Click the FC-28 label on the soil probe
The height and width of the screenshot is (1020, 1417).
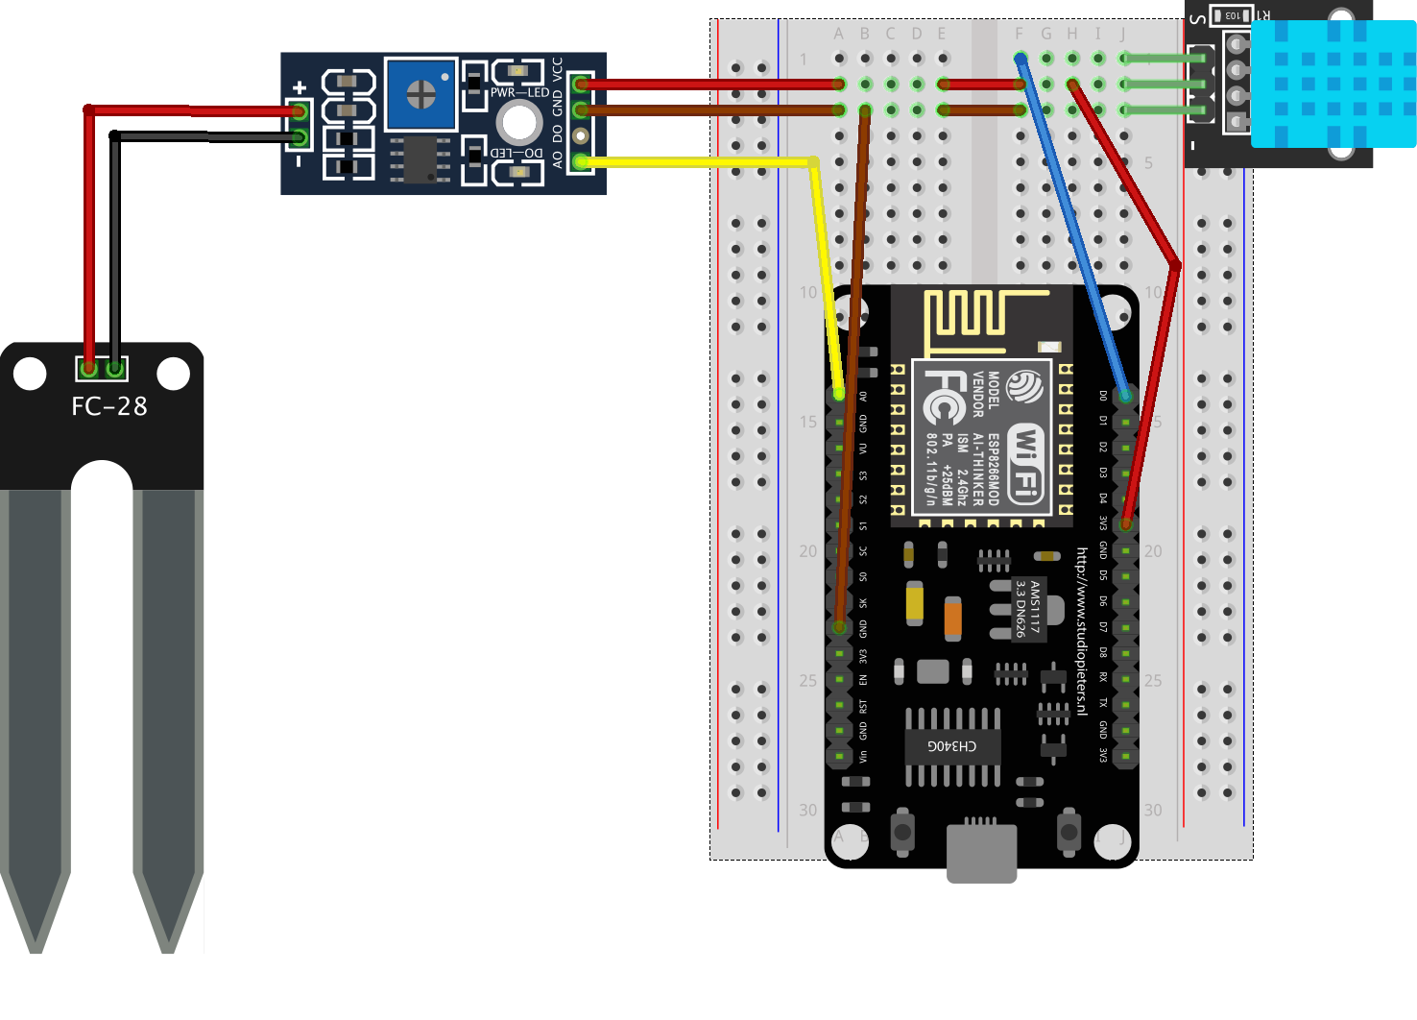[x=109, y=406]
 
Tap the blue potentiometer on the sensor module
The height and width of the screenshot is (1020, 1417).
[x=420, y=94]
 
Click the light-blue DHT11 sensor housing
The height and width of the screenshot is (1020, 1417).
[x=1333, y=84]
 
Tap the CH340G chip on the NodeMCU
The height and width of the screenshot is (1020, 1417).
[x=952, y=746]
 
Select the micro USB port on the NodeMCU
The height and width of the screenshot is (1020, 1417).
[x=981, y=850]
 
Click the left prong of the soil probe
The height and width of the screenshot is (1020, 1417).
[x=36, y=711]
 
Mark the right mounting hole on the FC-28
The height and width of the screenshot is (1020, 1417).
[x=173, y=374]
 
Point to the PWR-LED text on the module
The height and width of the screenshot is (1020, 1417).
[x=519, y=93]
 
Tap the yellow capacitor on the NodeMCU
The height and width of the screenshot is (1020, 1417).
[x=915, y=602]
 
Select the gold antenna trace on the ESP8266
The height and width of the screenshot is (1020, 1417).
[x=979, y=317]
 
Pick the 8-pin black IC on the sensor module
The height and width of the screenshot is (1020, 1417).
[x=420, y=160]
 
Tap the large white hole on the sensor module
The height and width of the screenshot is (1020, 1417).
[x=519, y=122]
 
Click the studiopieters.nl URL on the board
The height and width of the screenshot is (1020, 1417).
[x=1082, y=631]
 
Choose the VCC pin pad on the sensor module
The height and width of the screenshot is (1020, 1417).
[x=580, y=85]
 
